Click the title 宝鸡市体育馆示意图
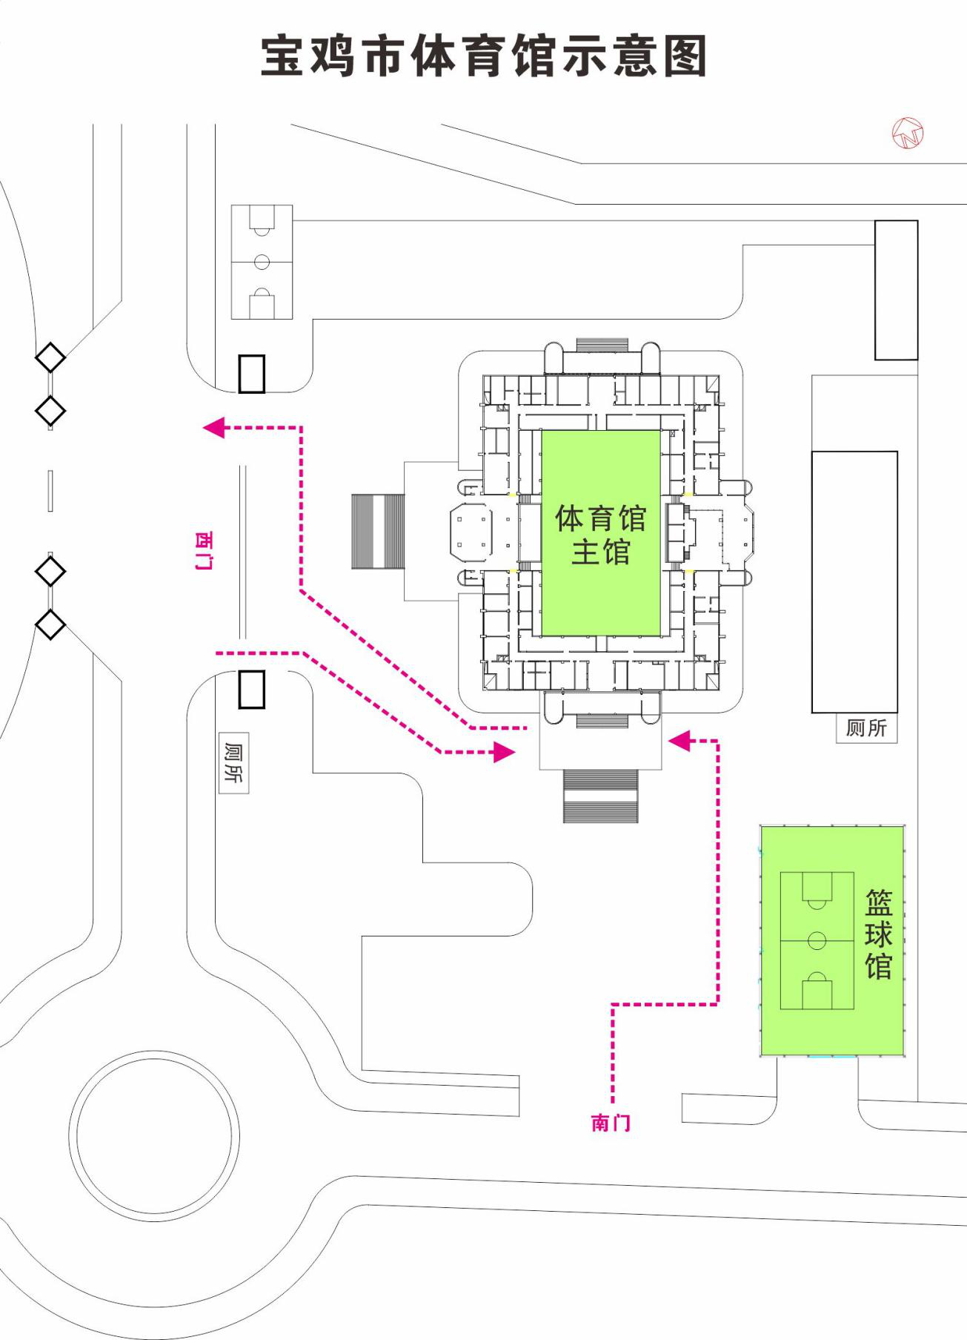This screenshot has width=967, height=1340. (x=483, y=56)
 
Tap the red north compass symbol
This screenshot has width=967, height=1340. (x=908, y=133)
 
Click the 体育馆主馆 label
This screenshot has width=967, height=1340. (x=600, y=535)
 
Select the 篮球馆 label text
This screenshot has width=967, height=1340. (x=879, y=934)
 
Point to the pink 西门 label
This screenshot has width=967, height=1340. (x=202, y=549)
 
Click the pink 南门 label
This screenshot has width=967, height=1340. (x=611, y=1123)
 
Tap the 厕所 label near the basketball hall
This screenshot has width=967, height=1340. (x=866, y=728)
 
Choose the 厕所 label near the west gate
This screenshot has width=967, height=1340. (x=233, y=762)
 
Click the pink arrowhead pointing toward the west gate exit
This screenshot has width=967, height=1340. (x=213, y=428)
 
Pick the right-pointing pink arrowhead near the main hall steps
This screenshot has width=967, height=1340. (x=505, y=753)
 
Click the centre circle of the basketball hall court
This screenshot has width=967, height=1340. (x=817, y=941)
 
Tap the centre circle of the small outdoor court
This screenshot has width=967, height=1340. (x=262, y=262)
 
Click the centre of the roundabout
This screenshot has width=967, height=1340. (x=155, y=1136)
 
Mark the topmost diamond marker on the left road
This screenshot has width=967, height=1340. (x=50, y=358)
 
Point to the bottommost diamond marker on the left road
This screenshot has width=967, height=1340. (x=50, y=624)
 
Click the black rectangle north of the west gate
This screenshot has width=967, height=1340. (x=251, y=374)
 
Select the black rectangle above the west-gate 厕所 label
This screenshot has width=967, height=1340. (x=251, y=690)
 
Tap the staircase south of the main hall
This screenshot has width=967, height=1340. (x=600, y=796)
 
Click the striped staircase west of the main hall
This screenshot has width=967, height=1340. (x=378, y=531)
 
